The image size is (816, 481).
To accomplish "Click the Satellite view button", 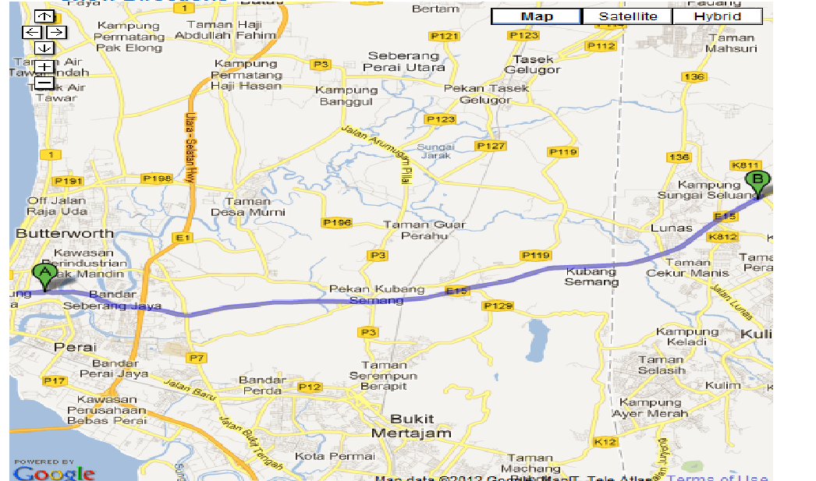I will tap(628, 16).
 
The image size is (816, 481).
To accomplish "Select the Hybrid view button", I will tap(717, 16).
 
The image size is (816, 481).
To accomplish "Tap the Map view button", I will tap(537, 16).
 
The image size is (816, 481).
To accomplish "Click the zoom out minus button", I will tap(44, 83).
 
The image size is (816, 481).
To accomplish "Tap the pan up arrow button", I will tap(44, 16).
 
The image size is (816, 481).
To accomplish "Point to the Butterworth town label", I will tap(65, 233).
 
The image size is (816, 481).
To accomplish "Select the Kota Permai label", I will tap(324, 455).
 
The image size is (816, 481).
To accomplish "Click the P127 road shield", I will tap(491, 146).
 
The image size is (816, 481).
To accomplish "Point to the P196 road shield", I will tap(337, 222).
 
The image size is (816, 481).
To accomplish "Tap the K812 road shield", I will tap(722, 236).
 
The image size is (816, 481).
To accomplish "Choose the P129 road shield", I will tap(498, 306).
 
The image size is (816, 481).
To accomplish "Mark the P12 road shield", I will tap(310, 387).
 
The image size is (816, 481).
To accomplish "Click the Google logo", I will tap(54, 472).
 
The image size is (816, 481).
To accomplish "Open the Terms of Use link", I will tap(717, 477).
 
